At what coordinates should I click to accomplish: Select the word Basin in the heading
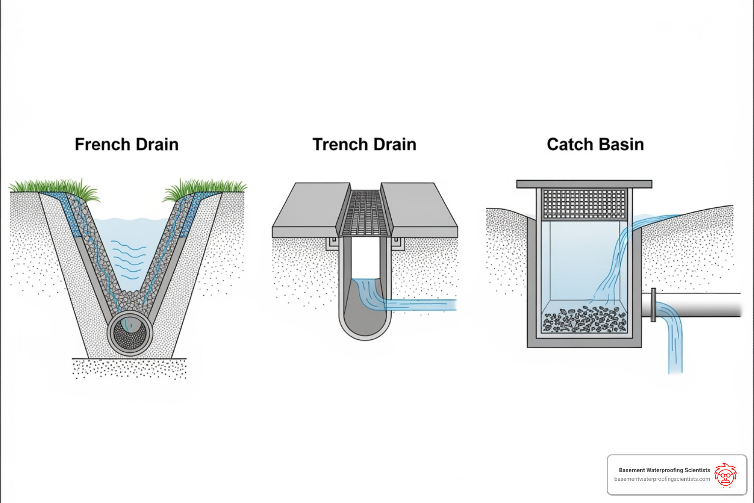coord(620,144)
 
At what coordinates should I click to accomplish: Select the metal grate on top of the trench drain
coord(365,213)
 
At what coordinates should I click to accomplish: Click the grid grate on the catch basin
coord(584,203)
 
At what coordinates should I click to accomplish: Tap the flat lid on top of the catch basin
coord(584,184)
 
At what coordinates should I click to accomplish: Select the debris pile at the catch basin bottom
coord(584,318)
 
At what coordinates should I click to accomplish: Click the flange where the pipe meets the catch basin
coord(653,305)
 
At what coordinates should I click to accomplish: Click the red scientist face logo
coord(726,475)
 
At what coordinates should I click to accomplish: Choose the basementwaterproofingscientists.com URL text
coord(662,479)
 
